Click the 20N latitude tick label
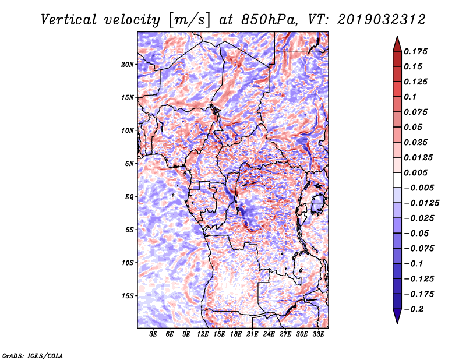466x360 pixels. click(128, 65)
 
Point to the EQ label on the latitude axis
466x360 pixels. click(129, 197)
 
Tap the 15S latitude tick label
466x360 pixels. click(128, 296)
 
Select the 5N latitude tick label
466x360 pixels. click(129, 164)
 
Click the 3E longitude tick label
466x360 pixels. click(153, 334)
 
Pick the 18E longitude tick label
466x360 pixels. click(236, 334)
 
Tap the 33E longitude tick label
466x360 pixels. click(318, 334)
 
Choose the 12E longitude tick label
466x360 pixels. click(203, 334)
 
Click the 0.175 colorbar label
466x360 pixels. click(416, 51)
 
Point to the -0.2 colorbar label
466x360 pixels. click(414, 309)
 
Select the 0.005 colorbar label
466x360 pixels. click(416, 172)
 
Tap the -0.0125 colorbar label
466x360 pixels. click(422, 203)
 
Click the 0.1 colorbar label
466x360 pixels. click(411, 97)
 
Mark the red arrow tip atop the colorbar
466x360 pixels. click(397, 36)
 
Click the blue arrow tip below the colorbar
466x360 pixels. click(397, 323)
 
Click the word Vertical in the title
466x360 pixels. click(69, 20)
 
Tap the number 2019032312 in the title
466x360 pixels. click(382, 20)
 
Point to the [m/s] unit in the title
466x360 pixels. click(189, 20)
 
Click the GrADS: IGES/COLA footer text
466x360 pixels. click(33, 356)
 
